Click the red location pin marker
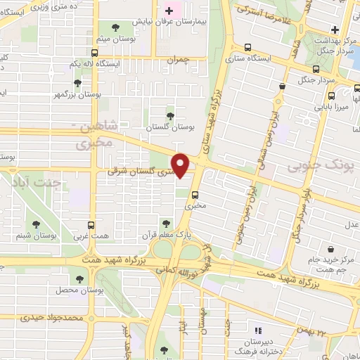tap(181, 166)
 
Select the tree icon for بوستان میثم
tap(115, 28)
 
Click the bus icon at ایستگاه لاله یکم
tap(94, 52)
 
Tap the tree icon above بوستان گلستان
tap(169, 115)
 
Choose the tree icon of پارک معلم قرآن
tap(166, 222)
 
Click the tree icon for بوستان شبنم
tap(35, 224)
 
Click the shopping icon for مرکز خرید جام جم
tap(330, 248)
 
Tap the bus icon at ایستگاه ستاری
tap(246, 48)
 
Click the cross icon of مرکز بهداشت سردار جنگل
tap(335, 30)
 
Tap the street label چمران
tap(179, 60)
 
